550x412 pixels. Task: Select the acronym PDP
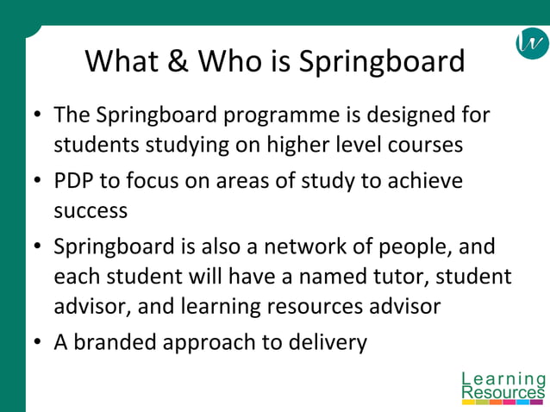click(75, 181)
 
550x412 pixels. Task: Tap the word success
click(91, 210)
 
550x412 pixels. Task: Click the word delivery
click(330, 342)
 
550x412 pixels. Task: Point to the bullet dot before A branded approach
click(37, 343)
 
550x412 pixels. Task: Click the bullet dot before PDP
click(37, 182)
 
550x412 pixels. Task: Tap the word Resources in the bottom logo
click(503, 393)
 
